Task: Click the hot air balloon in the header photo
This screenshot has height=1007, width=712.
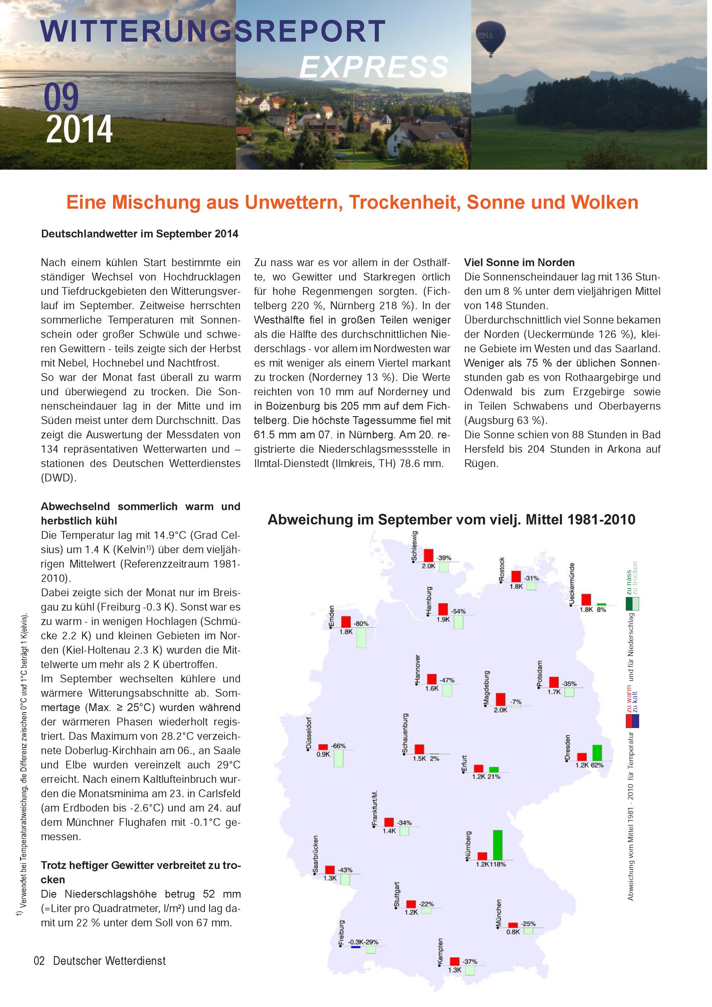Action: tap(491, 37)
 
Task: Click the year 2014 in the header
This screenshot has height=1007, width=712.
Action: tap(79, 129)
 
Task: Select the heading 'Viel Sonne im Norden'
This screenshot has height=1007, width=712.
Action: tap(519, 262)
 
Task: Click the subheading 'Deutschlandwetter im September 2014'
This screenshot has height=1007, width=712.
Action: tap(140, 234)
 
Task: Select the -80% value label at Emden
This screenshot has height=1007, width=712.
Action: tap(361, 623)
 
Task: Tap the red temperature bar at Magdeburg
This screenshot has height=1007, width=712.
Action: tap(500, 699)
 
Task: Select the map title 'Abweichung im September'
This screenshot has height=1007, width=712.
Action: tap(451, 520)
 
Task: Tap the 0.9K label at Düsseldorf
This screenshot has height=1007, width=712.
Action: tap(323, 754)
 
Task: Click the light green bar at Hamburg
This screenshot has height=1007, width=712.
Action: tap(458, 622)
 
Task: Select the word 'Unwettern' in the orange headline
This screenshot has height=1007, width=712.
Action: tap(293, 202)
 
